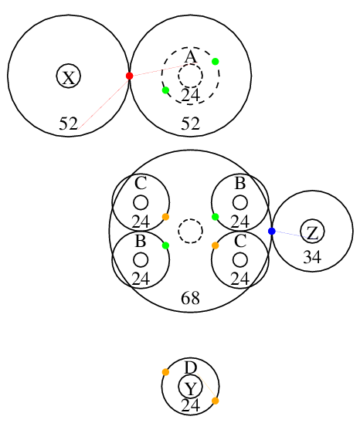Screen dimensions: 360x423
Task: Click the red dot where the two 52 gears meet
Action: tap(129, 76)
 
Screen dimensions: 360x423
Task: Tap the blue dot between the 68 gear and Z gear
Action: tap(272, 232)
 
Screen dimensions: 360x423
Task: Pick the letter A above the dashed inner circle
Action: tap(191, 57)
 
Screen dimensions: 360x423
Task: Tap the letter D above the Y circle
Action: tap(191, 367)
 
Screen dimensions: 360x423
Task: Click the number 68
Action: tap(190, 298)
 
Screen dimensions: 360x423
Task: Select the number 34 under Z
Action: tap(312, 257)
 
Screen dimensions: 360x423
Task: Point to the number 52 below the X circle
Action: tap(69, 124)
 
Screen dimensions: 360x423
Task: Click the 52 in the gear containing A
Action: tap(190, 124)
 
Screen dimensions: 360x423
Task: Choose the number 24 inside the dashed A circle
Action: tap(190, 95)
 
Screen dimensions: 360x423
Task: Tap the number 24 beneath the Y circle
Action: tap(190, 405)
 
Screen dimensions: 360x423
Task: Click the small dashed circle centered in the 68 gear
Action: tap(190, 218)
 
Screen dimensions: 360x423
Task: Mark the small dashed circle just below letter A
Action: tap(190, 63)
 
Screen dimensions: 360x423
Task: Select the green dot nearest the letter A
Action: tap(216, 62)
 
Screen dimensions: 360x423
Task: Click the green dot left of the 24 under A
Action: tap(165, 90)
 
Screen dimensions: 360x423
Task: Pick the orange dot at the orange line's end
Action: tap(216, 401)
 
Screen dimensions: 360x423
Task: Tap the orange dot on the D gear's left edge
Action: tap(165, 372)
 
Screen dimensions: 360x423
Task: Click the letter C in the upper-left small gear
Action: tap(141, 183)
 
